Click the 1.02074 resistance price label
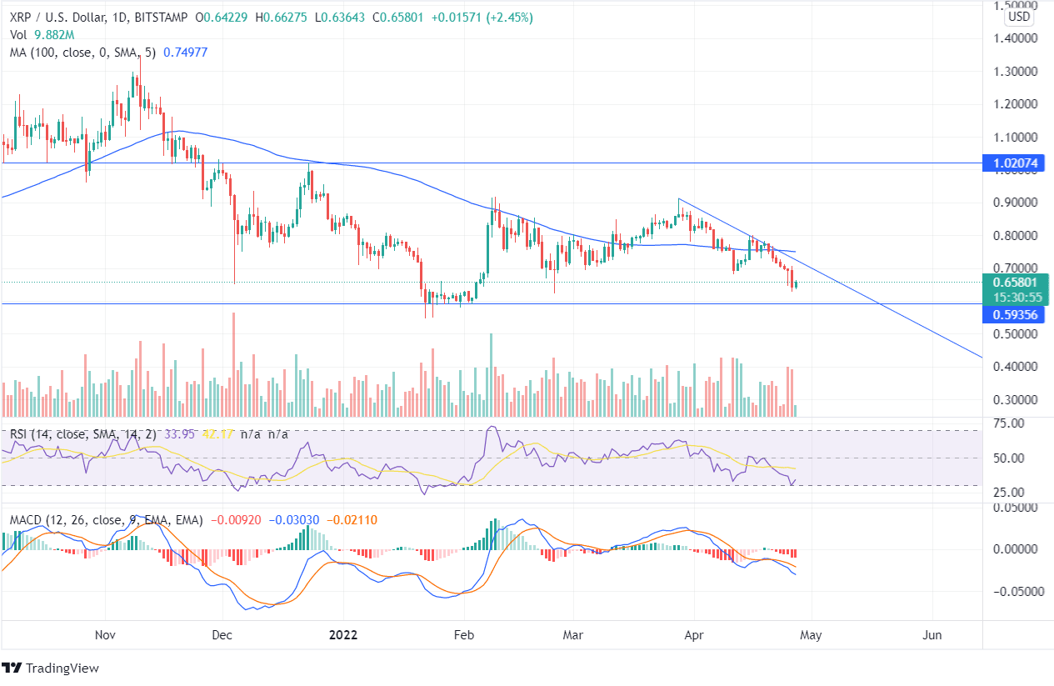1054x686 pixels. [1017, 164]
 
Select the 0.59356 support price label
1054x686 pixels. [1017, 315]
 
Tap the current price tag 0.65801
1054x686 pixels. [1017, 282]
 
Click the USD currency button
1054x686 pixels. [1019, 17]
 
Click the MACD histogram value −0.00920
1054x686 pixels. [236, 520]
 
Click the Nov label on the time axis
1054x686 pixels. [104, 635]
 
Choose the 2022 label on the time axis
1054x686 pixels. [342, 635]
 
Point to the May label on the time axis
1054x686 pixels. [811, 635]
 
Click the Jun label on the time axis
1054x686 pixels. [932, 635]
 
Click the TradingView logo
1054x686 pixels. [51, 668]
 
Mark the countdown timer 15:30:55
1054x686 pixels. [1017, 297]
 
